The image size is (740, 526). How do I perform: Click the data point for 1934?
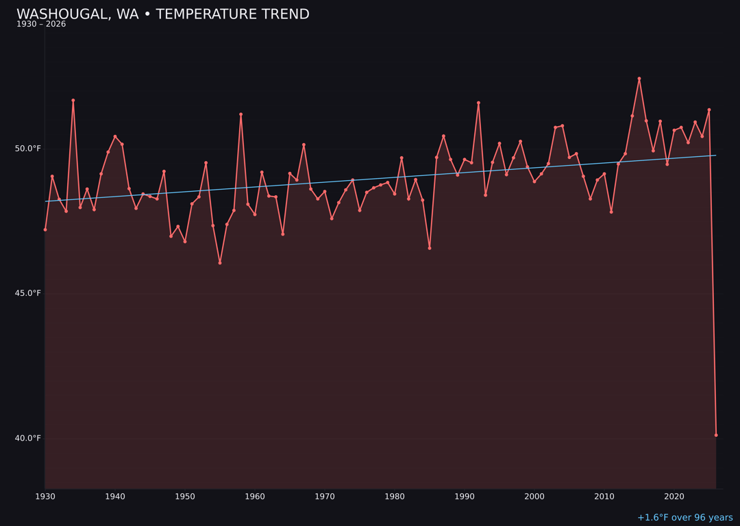tap(73, 101)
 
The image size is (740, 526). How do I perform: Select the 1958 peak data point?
tap(241, 114)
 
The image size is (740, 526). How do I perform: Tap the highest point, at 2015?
tap(639, 79)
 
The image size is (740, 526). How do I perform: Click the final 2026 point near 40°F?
tap(716, 435)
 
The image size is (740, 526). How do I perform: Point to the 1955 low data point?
tap(220, 263)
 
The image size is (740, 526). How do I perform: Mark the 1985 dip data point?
tap(430, 248)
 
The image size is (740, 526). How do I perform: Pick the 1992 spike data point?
tap(478, 103)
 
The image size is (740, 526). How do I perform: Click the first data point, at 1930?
tap(45, 229)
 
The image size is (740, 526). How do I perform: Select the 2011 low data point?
tap(611, 212)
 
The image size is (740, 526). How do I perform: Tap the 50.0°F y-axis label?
tap(28, 149)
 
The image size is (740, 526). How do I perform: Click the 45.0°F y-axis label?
tap(28, 293)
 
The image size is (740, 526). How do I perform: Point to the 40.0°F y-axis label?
tap(28, 438)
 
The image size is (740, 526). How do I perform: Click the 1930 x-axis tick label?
tap(45, 497)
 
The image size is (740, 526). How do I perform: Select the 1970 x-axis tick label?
tap(325, 497)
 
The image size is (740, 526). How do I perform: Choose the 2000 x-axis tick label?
tap(534, 497)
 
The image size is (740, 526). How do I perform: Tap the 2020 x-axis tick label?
tap(674, 497)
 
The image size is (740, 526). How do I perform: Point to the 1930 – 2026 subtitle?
tap(41, 25)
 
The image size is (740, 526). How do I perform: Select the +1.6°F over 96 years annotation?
tap(684, 518)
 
